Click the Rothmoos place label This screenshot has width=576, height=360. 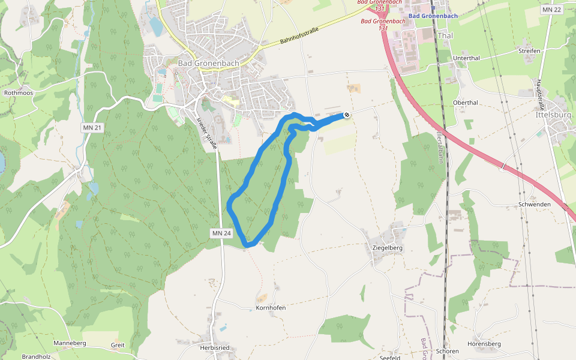point(18,93)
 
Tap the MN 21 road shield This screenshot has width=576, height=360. point(92,128)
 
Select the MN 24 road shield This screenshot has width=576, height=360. point(221,233)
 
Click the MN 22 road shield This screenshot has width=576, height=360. point(551,10)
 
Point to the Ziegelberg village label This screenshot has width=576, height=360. point(387,247)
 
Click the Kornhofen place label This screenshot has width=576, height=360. point(270,307)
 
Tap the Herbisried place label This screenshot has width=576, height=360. point(215,348)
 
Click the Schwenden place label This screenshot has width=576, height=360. point(535,205)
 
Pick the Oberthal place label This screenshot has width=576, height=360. point(465,103)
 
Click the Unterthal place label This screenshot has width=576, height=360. point(466,58)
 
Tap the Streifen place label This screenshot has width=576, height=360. point(529,51)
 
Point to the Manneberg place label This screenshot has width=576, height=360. point(70,343)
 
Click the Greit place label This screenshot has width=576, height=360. point(118,345)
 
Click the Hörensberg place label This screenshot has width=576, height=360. point(484,344)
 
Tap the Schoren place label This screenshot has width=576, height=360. point(448,351)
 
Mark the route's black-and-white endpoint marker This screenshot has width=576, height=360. point(347,115)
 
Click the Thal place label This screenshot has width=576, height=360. point(446,35)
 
